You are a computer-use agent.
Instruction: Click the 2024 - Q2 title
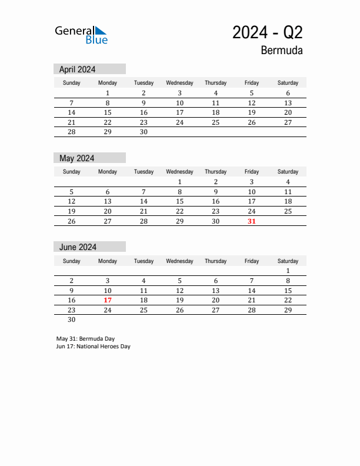[x=268, y=32]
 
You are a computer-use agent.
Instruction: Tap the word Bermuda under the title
[x=282, y=51]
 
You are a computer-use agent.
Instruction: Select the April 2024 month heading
[x=78, y=69]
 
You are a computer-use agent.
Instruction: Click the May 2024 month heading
[x=77, y=158]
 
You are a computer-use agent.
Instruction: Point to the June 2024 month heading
[x=78, y=247]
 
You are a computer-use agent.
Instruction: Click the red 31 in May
[x=252, y=221]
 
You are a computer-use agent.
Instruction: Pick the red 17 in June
[x=108, y=300]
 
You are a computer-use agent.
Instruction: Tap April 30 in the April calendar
[x=144, y=132]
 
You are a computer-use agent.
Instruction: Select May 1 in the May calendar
[x=179, y=182]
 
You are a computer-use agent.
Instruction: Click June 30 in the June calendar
[x=72, y=319]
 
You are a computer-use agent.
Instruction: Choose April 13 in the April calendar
[x=288, y=103]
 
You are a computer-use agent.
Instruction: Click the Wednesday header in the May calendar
[x=179, y=172]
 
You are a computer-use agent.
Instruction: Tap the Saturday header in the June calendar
[x=288, y=261]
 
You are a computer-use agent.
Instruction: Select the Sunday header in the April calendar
[x=72, y=83]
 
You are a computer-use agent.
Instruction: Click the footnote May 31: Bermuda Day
[x=85, y=338]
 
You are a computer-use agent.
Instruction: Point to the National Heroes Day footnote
[x=94, y=347]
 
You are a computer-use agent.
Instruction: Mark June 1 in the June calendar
[x=288, y=271]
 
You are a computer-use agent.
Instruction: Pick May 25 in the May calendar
[x=288, y=211]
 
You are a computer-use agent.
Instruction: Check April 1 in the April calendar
[x=108, y=93]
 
